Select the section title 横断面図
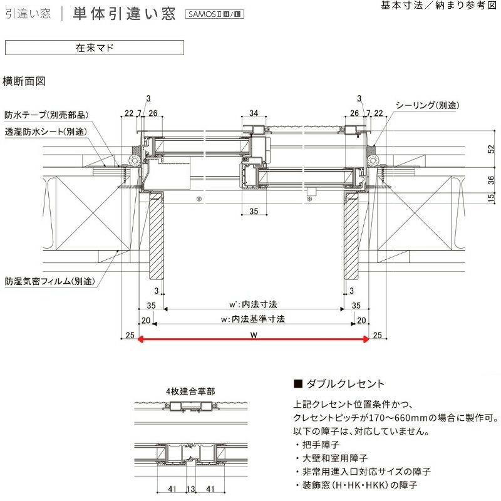click(x=24, y=81)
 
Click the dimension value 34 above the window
click(x=254, y=113)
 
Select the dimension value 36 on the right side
click(x=491, y=180)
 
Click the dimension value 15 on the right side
click(x=491, y=198)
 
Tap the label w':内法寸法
click(x=253, y=304)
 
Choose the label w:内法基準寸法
click(x=253, y=319)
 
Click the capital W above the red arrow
click(x=252, y=334)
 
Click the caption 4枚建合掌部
click(x=190, y=391)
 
